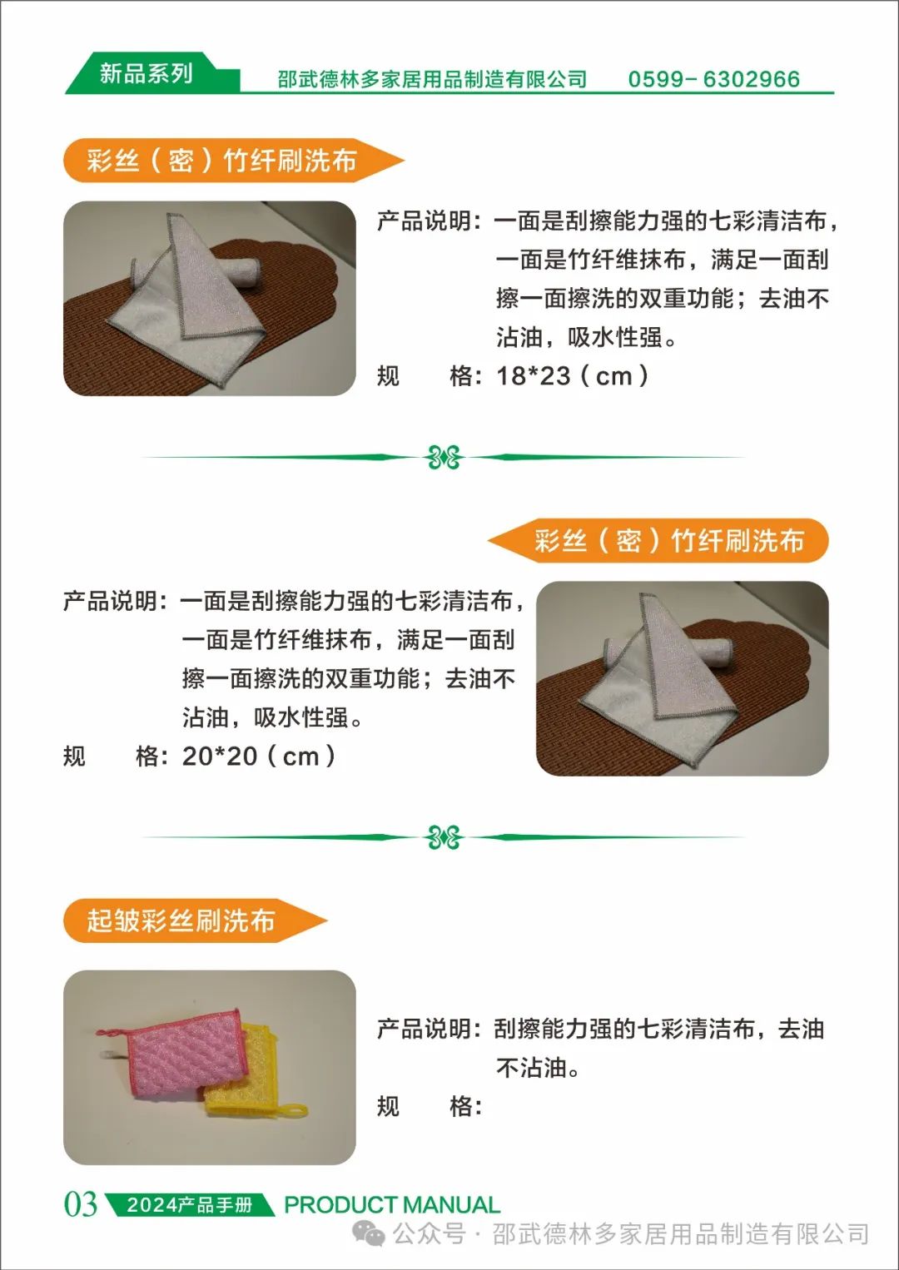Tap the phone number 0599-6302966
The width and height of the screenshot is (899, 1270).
point(713,79)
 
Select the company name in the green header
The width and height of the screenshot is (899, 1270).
point(432,79)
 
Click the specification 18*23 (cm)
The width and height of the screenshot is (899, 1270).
point(573,376)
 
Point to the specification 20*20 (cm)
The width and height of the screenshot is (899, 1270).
point(259,756)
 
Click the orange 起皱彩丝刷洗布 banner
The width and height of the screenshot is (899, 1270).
point(195,920)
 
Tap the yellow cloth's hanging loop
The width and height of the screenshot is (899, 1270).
point(291,1111)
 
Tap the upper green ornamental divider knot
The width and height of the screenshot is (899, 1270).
point(444,457)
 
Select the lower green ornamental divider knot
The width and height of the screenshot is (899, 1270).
point(444,837)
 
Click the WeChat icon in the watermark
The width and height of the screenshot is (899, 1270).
point(369,1234)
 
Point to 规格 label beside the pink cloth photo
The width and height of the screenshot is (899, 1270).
point(430,1106)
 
